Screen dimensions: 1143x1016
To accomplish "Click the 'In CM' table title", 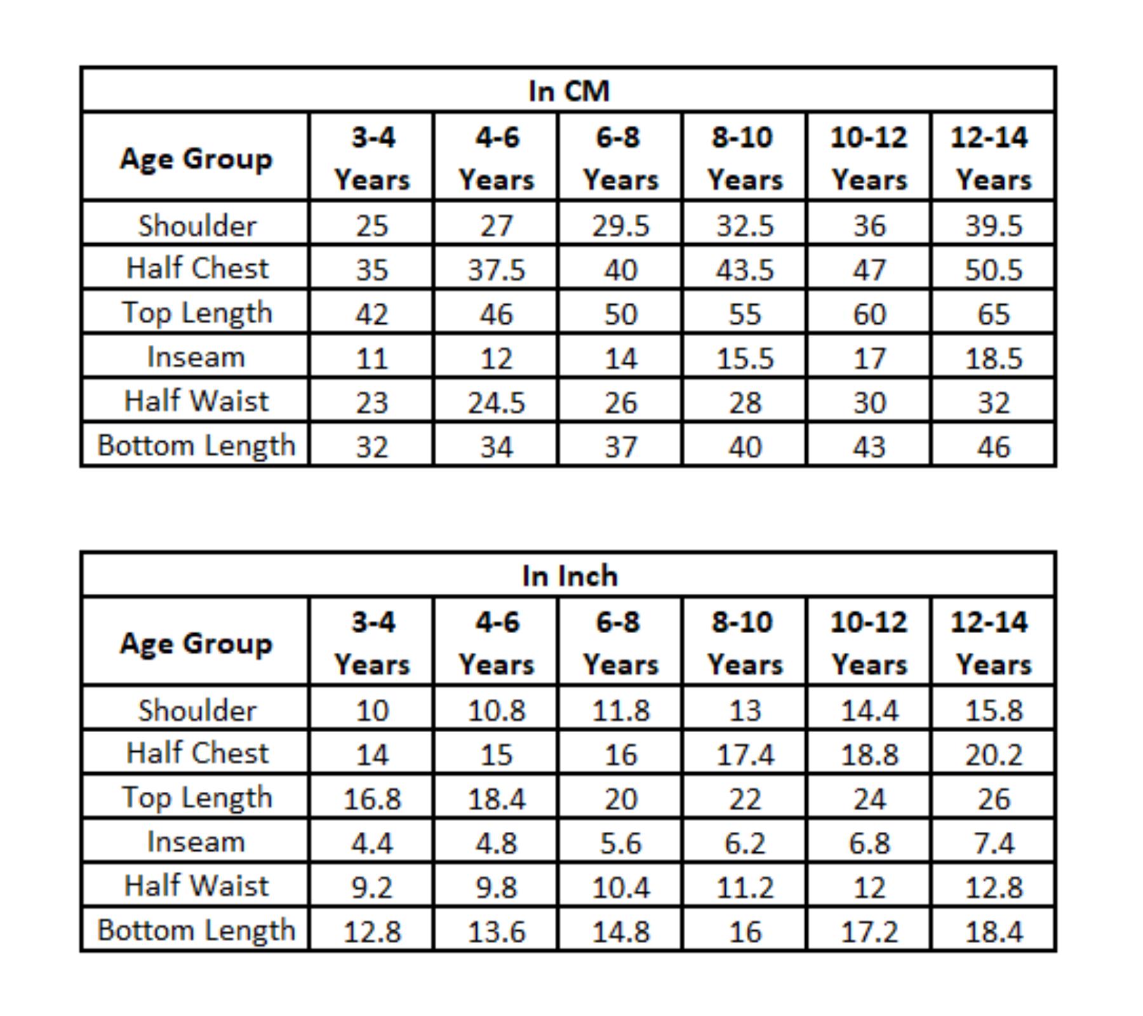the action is pyautogui.click(x=569, y=91).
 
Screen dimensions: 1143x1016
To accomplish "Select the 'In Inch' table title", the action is pyautogui.click(x=570, y=576).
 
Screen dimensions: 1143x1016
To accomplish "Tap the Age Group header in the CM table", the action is pyautogui.click(x=196, y=159).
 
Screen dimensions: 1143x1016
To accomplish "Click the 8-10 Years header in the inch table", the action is pyautogui.click(x=745, y=643).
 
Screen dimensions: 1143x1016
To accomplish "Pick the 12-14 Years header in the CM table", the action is pyautogui.click(x=993, y=158).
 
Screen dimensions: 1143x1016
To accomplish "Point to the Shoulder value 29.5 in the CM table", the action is pyautogui.click(x=620, y=226).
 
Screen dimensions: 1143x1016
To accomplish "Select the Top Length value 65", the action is pyautogui.click(x=993, y=314).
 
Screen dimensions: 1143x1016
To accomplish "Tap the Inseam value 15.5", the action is pyautogui.click(x=745, y=359).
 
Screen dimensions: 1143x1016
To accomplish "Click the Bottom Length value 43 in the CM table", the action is pyautogui.click(x=869, y=447).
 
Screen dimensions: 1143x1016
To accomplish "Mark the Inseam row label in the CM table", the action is pyautogui.click(x=196, y=357).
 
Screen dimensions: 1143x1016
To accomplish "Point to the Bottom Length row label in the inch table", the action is pyautogui.click(x=196, y=931).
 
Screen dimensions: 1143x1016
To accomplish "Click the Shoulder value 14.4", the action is pyautogui.click(x=869, y=711).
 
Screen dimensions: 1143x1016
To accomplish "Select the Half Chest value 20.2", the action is pyautogui.click(x=993, y=755).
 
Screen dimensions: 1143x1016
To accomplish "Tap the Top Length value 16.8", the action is pyautogui.click(x=372, y=799).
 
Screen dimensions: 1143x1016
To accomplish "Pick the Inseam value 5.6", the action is pyautogui.click(x=620, y=843).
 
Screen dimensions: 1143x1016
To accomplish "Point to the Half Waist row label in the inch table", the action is pyautogui.click(x=196, y=886).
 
